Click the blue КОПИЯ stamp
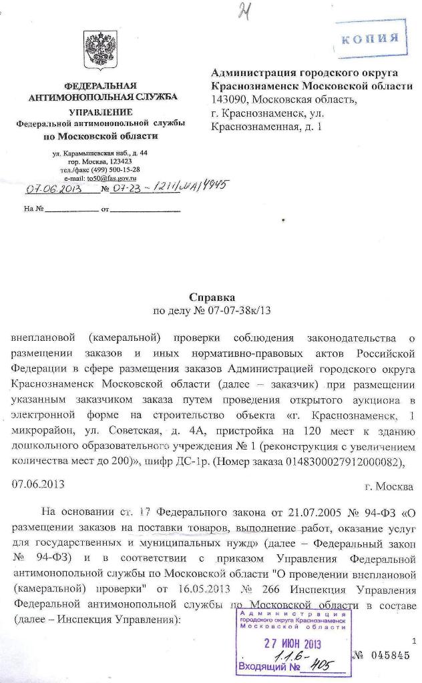[x=371, y=38]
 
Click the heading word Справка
[x=212, y=297]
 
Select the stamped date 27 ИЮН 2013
[x=292, y=644]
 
